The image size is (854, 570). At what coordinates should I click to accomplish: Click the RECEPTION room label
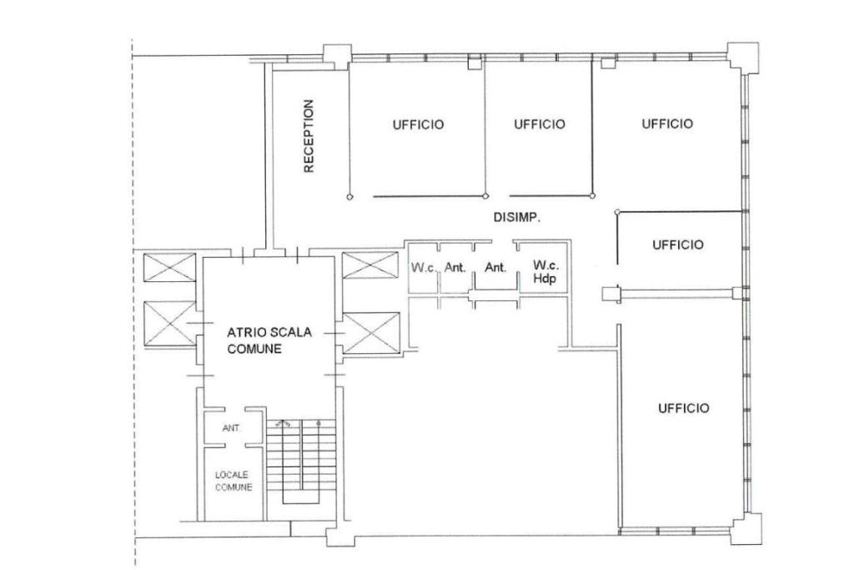point(309,136)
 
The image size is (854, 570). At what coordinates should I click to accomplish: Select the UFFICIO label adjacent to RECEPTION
point(419,125)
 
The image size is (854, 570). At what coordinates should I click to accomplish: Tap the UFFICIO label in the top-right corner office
point(667,124)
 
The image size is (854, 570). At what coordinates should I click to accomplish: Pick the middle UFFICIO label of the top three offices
point(540,124)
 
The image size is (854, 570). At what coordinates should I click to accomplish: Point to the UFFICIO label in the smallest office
point(678,245)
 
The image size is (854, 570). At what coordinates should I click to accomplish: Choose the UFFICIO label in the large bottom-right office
point(684,408)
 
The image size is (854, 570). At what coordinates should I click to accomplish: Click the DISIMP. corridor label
point(517,218)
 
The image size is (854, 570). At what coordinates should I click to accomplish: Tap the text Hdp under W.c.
point(545,279)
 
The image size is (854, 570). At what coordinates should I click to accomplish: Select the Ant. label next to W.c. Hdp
point(495,268)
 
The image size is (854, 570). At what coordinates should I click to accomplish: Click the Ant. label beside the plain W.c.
point(455,268)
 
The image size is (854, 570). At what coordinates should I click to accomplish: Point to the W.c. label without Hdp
point(424,268)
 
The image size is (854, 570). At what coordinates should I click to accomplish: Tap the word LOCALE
point(232,475)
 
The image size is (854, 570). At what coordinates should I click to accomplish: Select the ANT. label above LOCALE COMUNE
point(232,428)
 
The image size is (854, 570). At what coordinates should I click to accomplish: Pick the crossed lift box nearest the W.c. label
point(369,265)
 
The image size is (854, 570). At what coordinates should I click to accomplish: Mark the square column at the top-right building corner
point(743,56)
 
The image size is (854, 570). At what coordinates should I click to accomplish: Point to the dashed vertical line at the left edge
point(133,302)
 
